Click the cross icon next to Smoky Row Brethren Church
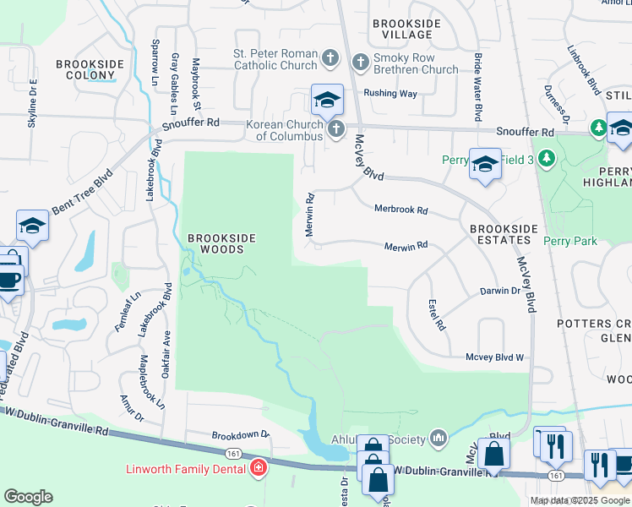(361, 61)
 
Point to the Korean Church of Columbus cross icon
(336, 129)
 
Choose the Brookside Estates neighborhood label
(504, 234)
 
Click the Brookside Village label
(401, 30)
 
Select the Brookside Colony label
(90, 69)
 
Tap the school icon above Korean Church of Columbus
(327, 100)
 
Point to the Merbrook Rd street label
(401, 210)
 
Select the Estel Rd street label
(436, 314)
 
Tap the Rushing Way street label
(390, 94)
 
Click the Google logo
(28, 497)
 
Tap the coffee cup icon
(8, 280)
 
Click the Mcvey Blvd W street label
(495, 357)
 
